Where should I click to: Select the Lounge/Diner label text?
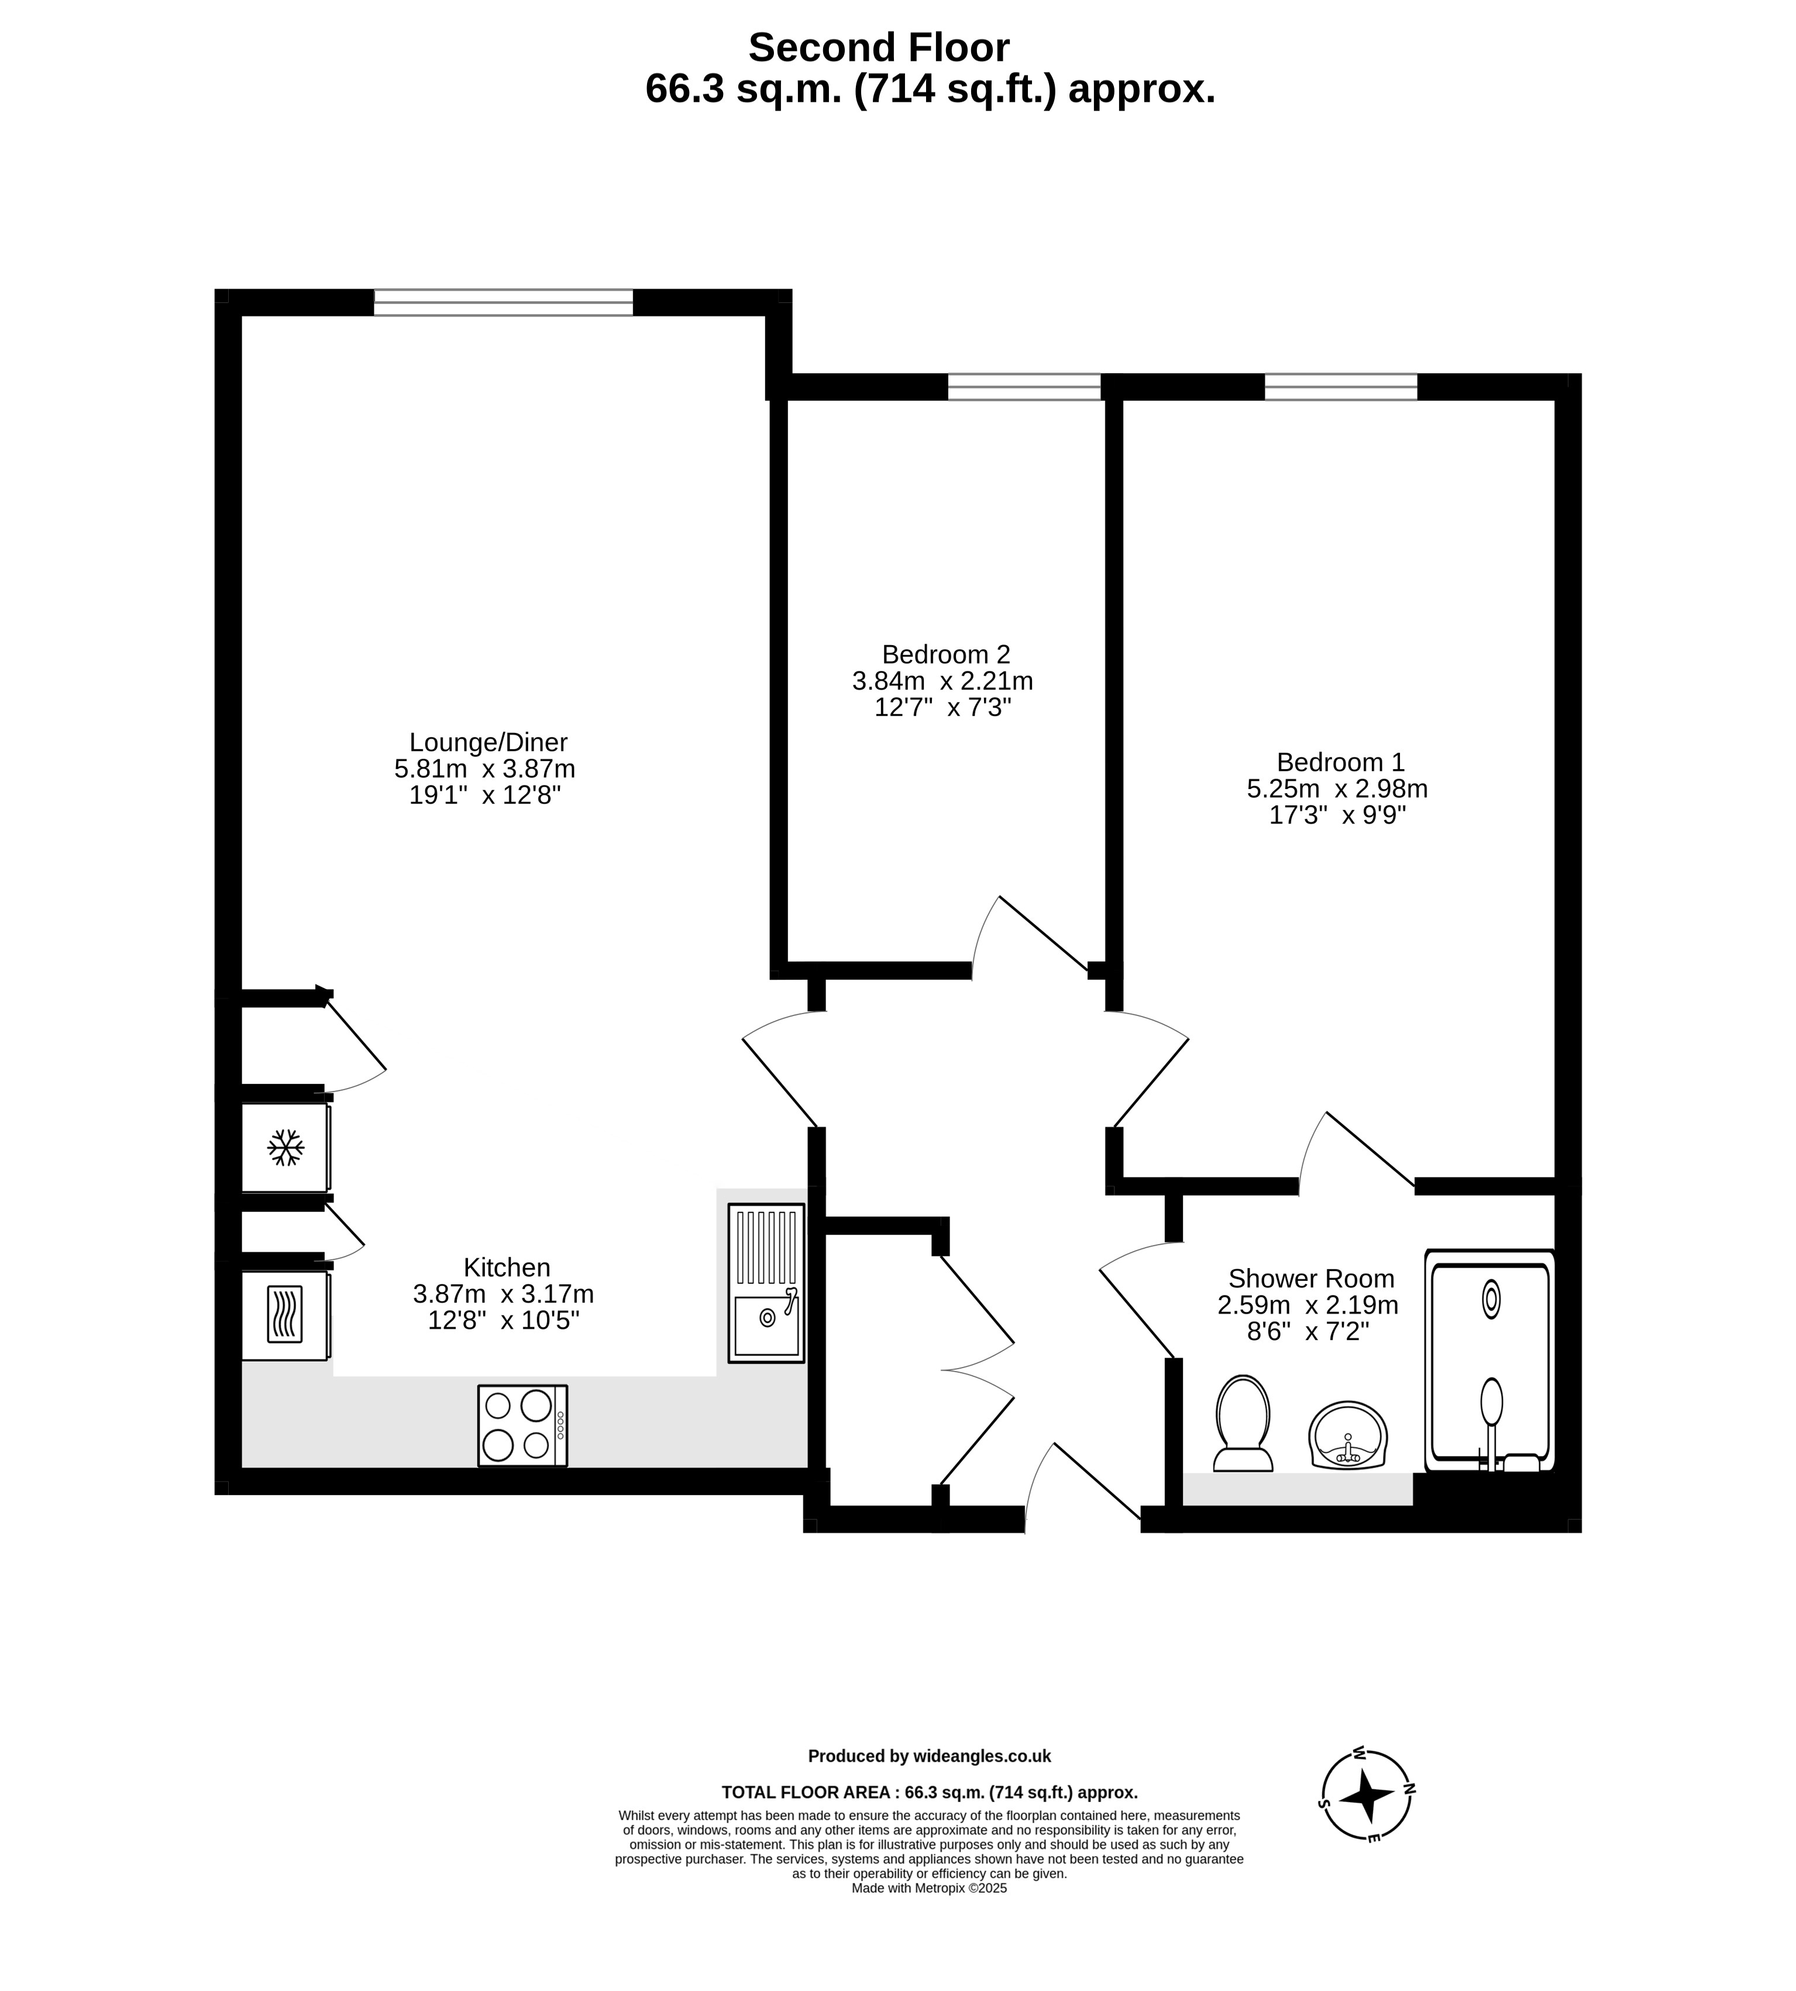pos(488,742)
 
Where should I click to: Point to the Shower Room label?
pos(1312,1279)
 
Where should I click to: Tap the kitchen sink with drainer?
pos(767,1283)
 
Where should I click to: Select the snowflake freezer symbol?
pos(286,1148)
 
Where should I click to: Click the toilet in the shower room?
pos(1243,1424)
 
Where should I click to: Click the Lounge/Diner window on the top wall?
pos(503,302)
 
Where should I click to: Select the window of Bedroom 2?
pos(1024,387)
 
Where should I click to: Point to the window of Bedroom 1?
pos(1341,387)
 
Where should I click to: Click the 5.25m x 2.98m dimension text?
pos(1337,788)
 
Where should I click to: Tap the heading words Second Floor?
pos(879,47)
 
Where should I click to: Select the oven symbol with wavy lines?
pos(285,1315)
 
